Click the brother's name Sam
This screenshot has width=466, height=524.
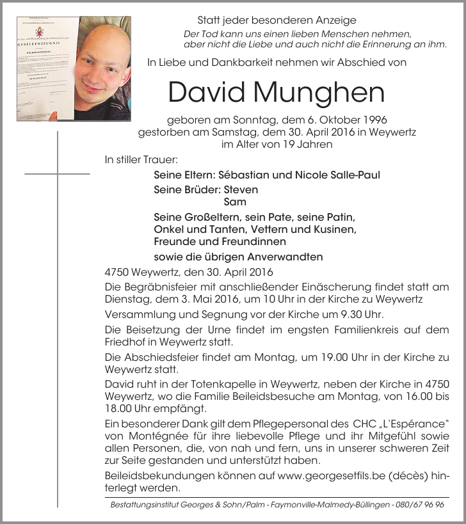pos(235,202)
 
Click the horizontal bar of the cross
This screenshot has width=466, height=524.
pos(57,173)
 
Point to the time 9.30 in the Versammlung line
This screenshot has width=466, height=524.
pos(353,315)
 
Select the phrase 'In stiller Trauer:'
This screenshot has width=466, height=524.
pos(141,159)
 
